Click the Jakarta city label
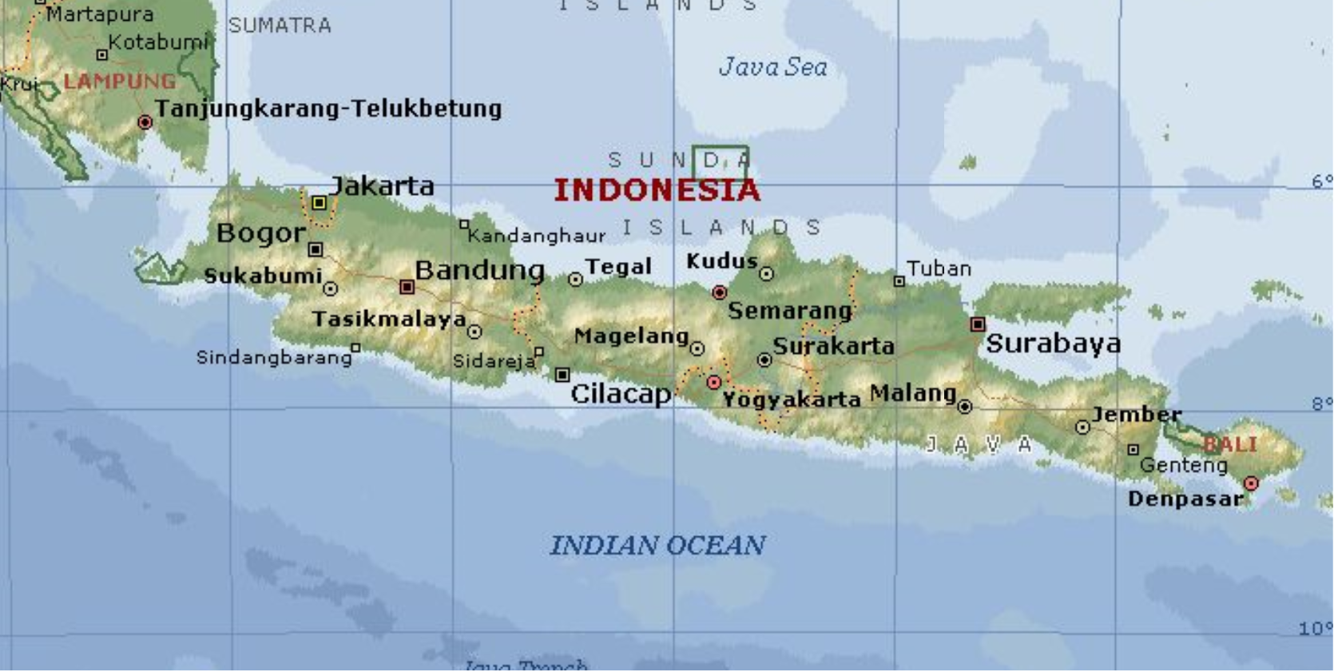point(382,186)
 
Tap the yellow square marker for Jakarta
point(319,203)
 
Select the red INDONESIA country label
point(657,190)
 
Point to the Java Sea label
point(772,67)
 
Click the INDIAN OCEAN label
point(657,545)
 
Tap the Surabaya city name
point(1053,344)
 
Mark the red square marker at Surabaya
point(978,324)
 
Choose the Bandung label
point(479,270)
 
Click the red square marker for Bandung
point(407,286)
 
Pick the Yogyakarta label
point(791,399)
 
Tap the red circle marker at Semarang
point(719,292)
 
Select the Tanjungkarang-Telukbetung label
point(328,109)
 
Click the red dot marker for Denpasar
point(1251,483)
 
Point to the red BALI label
point(1230,444)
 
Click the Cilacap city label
point(621,393)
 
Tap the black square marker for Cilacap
point(562,375)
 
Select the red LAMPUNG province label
point(120,82)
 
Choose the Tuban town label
point(939,268)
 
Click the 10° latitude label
point(1315,629)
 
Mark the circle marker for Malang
point(965,407)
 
